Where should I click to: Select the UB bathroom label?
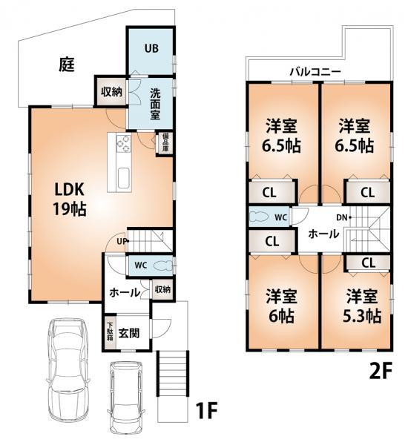[x=151, y=49]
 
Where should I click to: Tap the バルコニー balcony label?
[x=315, y=73]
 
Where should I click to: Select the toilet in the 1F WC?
[x=164, y=266]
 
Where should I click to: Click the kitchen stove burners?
[x=122, y=142]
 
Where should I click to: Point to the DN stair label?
[x=341, y=217]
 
